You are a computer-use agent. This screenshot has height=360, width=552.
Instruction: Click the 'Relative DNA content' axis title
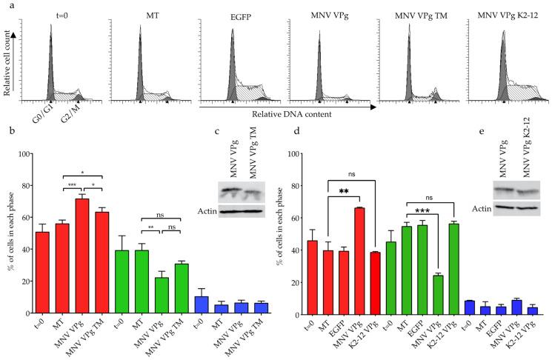(x=286, y=115)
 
